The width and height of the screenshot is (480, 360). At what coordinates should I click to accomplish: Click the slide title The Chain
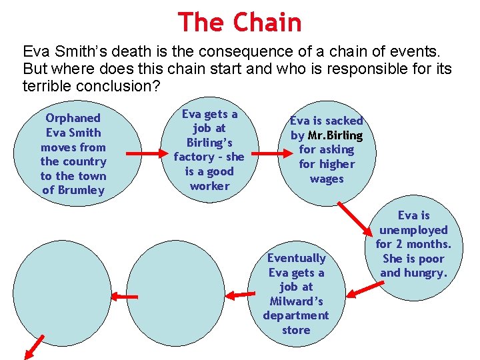pos(239,23)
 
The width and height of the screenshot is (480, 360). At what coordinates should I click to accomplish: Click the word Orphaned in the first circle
pos(73,118)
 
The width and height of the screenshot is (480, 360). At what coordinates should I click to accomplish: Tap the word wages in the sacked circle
pos(327,179)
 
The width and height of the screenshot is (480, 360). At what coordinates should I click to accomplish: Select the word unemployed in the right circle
pos(414,230)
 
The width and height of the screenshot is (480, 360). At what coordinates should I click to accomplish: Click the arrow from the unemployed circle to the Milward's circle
pos(363,289)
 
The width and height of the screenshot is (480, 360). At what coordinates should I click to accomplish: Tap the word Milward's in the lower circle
pos(296,301)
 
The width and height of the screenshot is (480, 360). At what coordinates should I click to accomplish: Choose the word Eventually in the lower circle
pos(296,258)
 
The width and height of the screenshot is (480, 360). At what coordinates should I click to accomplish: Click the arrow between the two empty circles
pos(124,296)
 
